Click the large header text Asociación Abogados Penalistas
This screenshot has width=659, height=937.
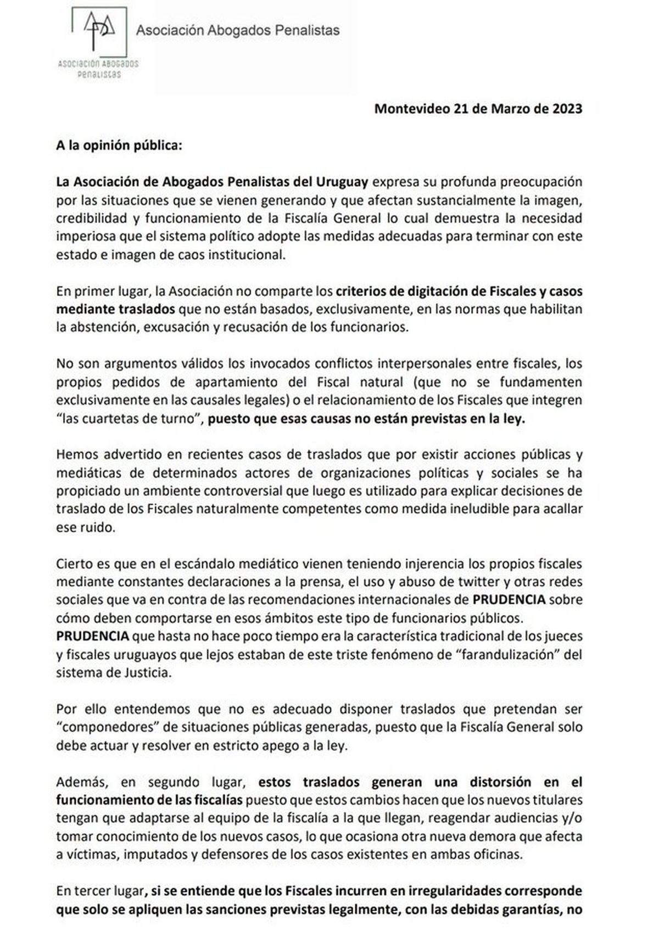(x=237, y=30)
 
